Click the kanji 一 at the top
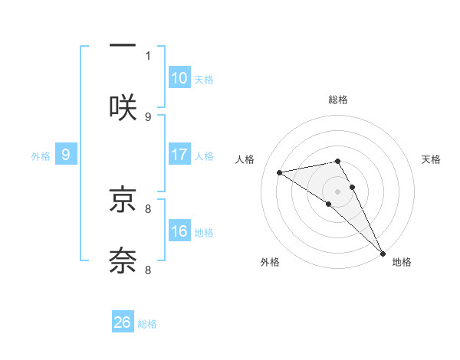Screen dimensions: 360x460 tap(123, 46)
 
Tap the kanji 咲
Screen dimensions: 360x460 tap(123, 106)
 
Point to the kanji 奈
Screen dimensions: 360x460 tap(123, 260)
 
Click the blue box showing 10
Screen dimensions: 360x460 tap(179, 78)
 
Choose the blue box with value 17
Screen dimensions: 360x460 tap(179, 155)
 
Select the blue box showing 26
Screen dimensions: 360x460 tap(123, 322)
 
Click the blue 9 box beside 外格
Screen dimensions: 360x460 tap(66, 155)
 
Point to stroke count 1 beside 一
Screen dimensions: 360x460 tap(148, 55)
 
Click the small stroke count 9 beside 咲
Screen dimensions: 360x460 tap(148, 116)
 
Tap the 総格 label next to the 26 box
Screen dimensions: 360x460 tap(147, 324)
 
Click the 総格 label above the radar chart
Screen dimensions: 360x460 tap(338, 100)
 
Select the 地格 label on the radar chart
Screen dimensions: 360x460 tap(402, 263)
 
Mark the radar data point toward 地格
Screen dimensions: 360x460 tap(383, 254)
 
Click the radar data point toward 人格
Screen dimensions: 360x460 tap(280, 172)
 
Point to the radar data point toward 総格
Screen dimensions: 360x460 tap(337, 161)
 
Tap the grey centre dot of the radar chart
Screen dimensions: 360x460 tap(338, 191)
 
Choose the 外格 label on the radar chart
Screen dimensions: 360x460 tap(270, 263)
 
